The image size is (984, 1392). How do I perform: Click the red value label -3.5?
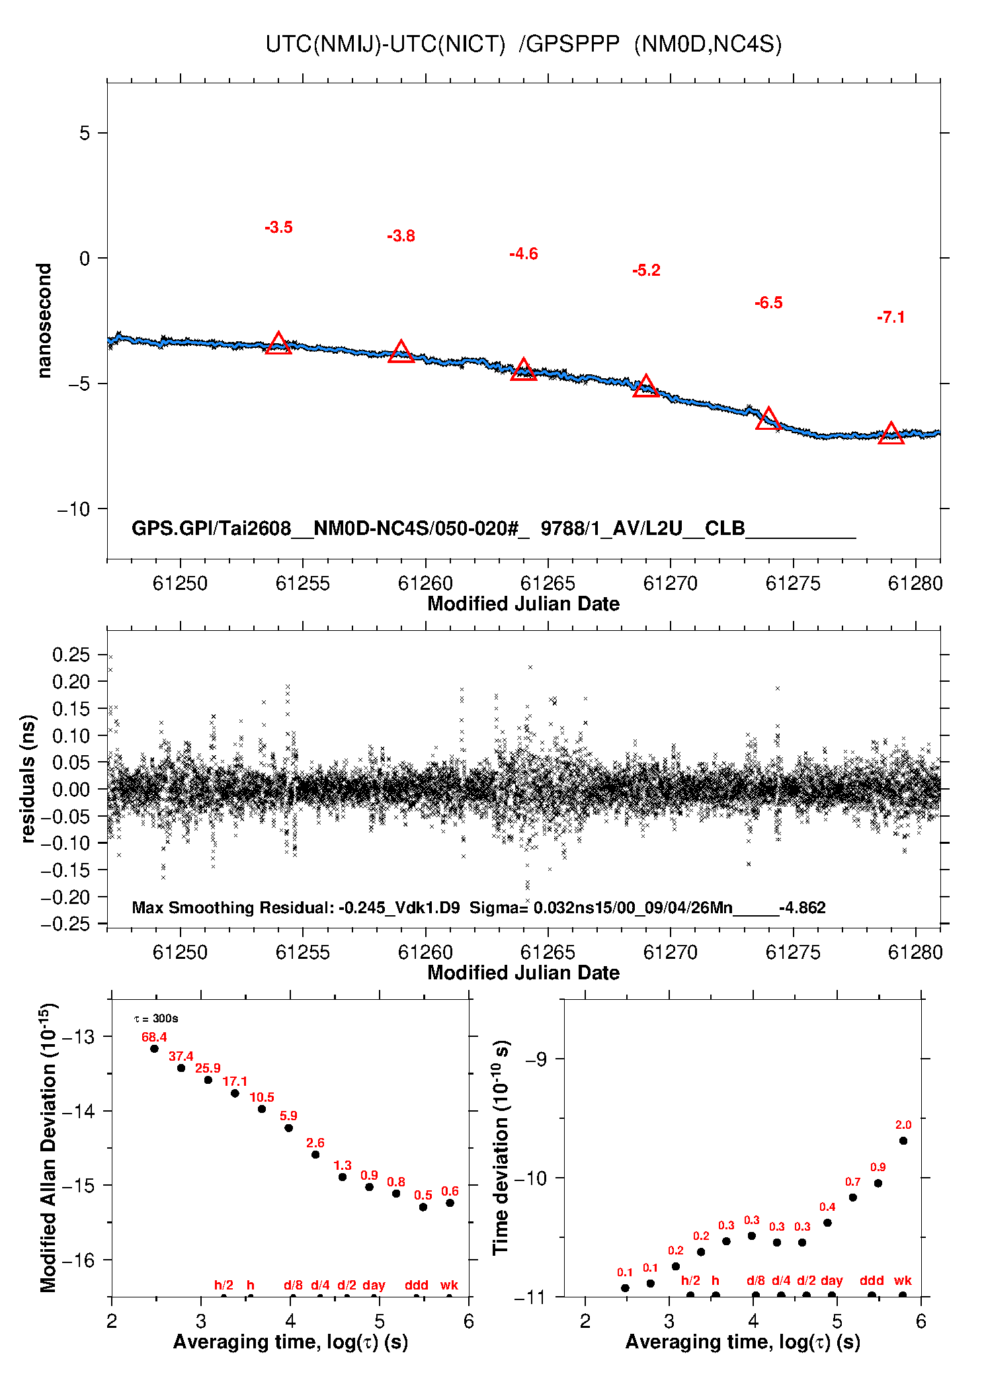[278, 227]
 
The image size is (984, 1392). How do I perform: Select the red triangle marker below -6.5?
[768, 419]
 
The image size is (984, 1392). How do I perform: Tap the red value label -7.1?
[891, 317]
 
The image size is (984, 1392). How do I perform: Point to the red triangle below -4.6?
[524, 370]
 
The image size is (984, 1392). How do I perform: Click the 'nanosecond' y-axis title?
[44, 321]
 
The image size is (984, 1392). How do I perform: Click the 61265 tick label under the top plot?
[548, 583]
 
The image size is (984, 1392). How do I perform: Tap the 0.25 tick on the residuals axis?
[71, 655]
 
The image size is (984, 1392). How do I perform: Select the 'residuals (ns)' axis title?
[27, 778]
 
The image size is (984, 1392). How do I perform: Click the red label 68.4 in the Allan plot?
[154, 1037]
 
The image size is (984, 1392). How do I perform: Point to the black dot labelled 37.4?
[181, 1068]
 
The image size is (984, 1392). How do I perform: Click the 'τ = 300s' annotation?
[156, 1018]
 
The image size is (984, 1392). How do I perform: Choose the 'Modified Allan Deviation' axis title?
[48, 1147]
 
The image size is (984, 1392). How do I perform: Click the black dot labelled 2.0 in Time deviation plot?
[903, 1141]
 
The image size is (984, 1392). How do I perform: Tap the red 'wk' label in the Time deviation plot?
[903, 1280]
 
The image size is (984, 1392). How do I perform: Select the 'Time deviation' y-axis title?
[501, 1147]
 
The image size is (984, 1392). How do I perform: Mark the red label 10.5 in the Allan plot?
[262, 1097]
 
